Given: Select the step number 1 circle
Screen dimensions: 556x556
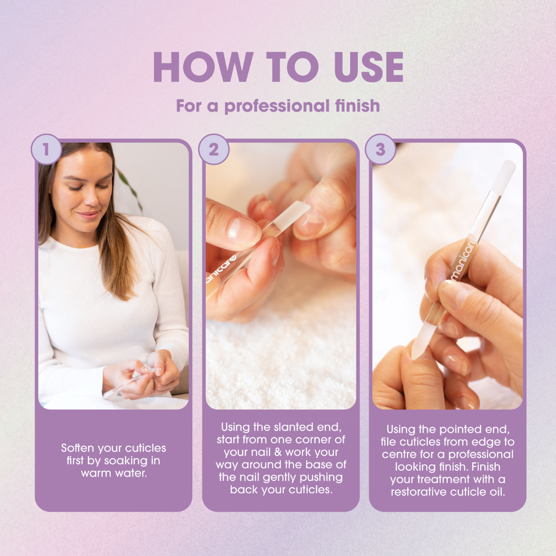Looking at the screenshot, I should tap(46, 149).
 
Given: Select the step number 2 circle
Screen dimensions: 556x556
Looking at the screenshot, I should tap(213, 149).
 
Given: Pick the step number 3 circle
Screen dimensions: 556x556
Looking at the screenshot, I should tap(380, 149).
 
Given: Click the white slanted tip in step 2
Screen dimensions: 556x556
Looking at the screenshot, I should tap(292, 214).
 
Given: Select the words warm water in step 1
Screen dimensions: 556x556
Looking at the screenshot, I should tap(113, 472).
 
